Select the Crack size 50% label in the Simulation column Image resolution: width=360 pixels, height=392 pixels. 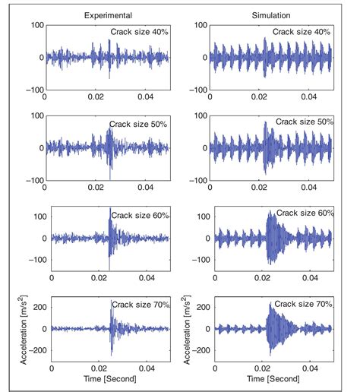coord(305,122)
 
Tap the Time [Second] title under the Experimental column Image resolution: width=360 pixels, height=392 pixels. coord(108,378)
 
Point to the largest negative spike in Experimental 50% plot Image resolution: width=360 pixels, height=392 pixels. coord(110,179)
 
